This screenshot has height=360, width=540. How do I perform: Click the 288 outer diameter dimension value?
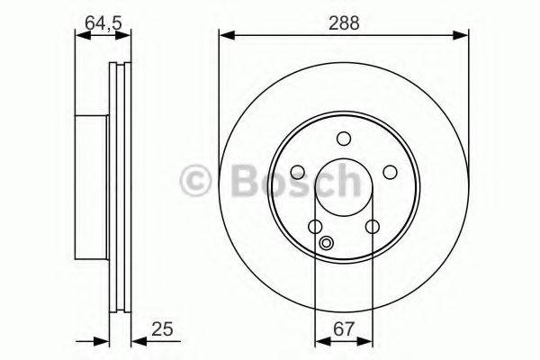point(344,24)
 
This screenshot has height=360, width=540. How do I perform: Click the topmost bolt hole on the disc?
point(343,139)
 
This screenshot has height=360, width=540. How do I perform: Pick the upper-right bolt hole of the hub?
point(390,172)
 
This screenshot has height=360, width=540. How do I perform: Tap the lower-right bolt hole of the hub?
point(372,227)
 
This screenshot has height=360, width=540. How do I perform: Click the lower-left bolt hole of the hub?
point(315,227)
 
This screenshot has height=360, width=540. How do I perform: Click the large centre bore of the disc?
point(343,185)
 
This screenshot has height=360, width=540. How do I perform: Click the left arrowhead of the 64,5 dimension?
point(79,35)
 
